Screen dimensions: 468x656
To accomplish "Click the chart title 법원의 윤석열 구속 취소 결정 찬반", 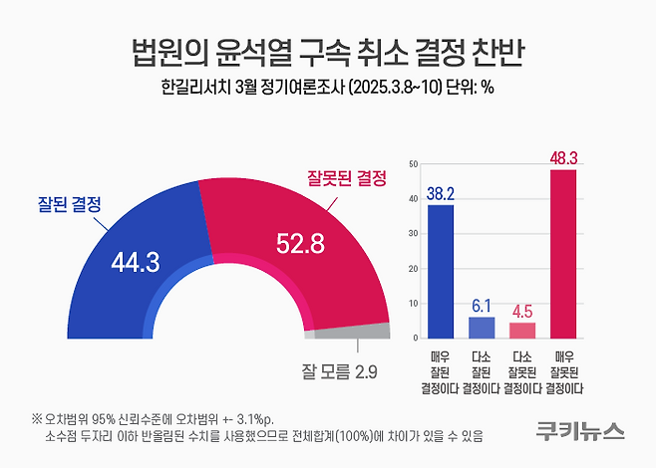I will (328, 50).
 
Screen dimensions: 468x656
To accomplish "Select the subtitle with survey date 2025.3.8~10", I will (328, 87).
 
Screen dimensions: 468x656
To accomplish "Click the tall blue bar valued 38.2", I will (440, 271).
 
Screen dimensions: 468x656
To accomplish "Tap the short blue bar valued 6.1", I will (482, 328).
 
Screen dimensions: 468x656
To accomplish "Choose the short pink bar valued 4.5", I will (522, 330).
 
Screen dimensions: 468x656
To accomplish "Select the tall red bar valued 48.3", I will (563, 254).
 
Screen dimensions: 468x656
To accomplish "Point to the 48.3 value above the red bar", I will (563, 157).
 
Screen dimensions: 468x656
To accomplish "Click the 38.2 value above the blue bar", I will (440, 194).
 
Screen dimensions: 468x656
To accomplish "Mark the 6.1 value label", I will (482, 305).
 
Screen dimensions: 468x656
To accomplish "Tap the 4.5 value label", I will (522, 311).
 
